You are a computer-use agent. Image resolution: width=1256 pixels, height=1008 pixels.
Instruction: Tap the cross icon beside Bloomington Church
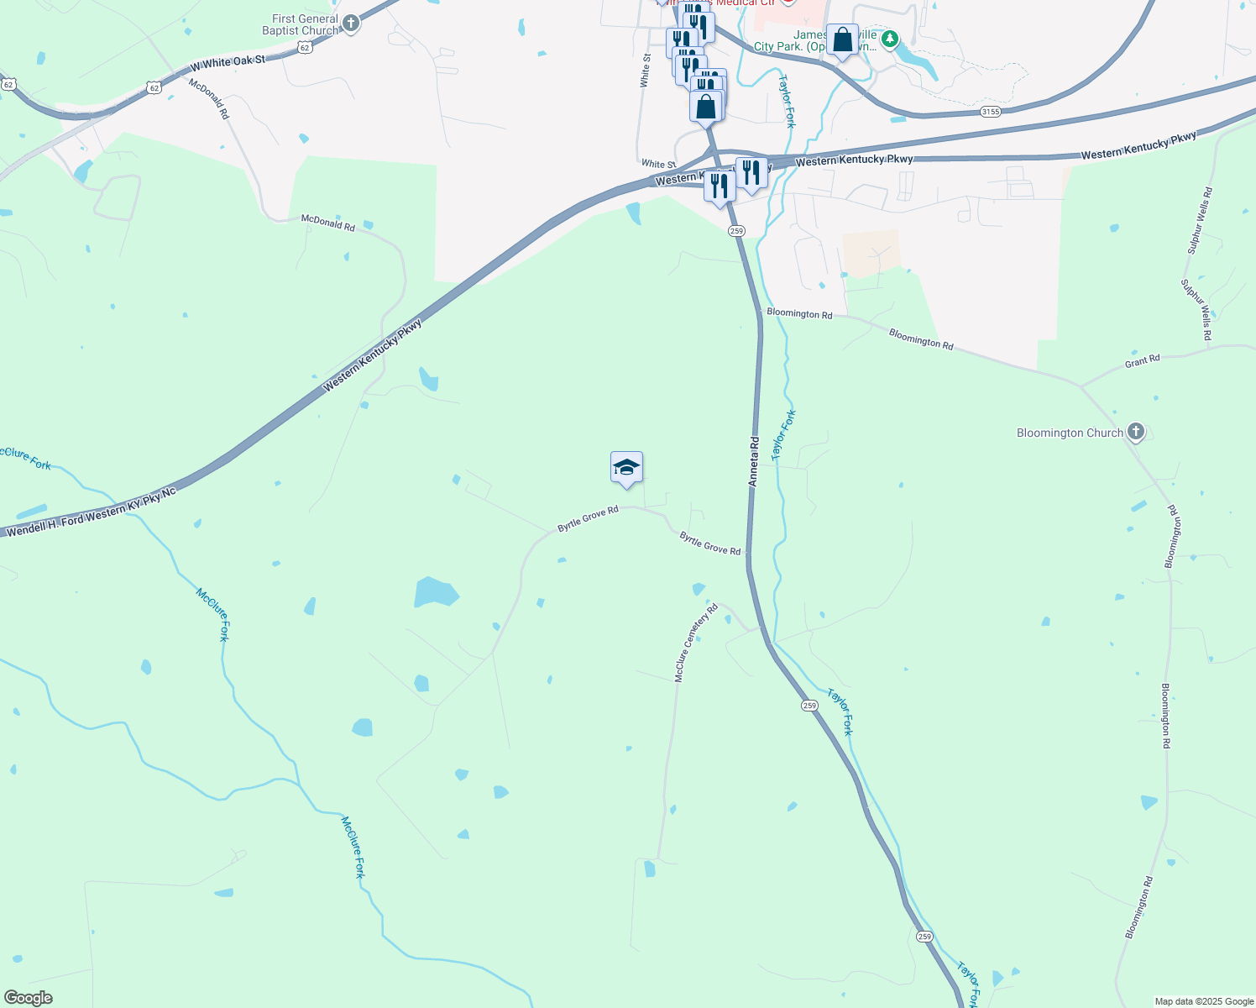point(1136,432)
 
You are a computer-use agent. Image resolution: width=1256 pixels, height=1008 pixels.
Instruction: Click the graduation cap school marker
point(626,467)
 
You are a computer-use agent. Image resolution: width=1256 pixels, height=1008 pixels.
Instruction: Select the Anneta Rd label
point(754,461)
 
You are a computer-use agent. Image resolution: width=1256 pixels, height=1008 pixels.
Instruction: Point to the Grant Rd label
point(1142,361)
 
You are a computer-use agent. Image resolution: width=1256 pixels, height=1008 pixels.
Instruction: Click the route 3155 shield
point(991,111)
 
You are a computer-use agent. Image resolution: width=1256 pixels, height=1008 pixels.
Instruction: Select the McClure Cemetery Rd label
point(696,642)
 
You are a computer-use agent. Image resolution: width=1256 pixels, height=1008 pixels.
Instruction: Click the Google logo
point(28,998)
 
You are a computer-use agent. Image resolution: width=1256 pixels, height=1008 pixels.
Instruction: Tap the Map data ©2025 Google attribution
point(1204,1001)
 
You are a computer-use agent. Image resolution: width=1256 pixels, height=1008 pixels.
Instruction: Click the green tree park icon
point(890,39)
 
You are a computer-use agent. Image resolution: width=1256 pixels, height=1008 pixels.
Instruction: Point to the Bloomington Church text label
point(1069,433)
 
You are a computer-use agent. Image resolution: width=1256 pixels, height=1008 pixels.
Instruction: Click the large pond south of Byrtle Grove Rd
point(436,592)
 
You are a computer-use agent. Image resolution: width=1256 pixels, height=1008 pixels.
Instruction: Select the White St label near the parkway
point(658,165)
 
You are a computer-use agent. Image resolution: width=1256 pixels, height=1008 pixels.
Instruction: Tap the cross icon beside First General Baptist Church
point(351,24)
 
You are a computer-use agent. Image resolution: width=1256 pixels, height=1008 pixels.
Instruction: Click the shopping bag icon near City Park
point(842,39)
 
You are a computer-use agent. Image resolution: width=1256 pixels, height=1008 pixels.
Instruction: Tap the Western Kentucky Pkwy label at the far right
point(1138,146)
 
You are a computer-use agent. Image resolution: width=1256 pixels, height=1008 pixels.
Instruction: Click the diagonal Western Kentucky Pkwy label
point(373,354)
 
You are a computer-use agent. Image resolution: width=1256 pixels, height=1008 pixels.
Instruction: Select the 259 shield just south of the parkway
point(736,231)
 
